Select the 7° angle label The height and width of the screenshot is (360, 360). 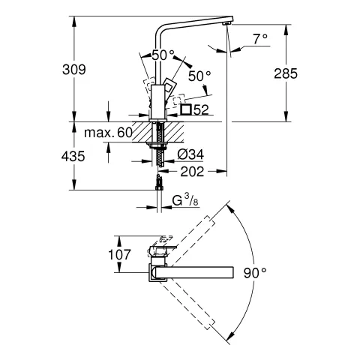coord(260,38)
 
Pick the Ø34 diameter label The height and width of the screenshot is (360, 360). coord(190,154)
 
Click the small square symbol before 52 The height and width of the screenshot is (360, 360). coord(185,109)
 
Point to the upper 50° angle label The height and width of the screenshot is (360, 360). coord(163,55)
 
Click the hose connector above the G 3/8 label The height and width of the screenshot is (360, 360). coord(158,184)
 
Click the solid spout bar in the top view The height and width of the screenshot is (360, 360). coord(199,271)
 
